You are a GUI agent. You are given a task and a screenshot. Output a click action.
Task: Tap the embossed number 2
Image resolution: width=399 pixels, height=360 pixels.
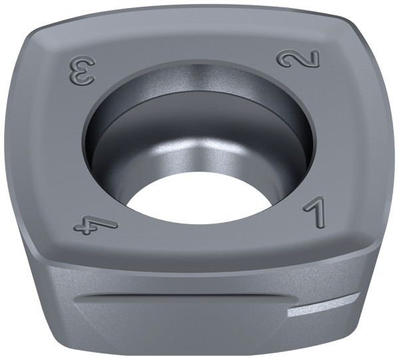click(298, 59)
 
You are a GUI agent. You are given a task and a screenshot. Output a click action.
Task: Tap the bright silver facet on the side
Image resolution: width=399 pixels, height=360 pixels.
click(323, 305)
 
